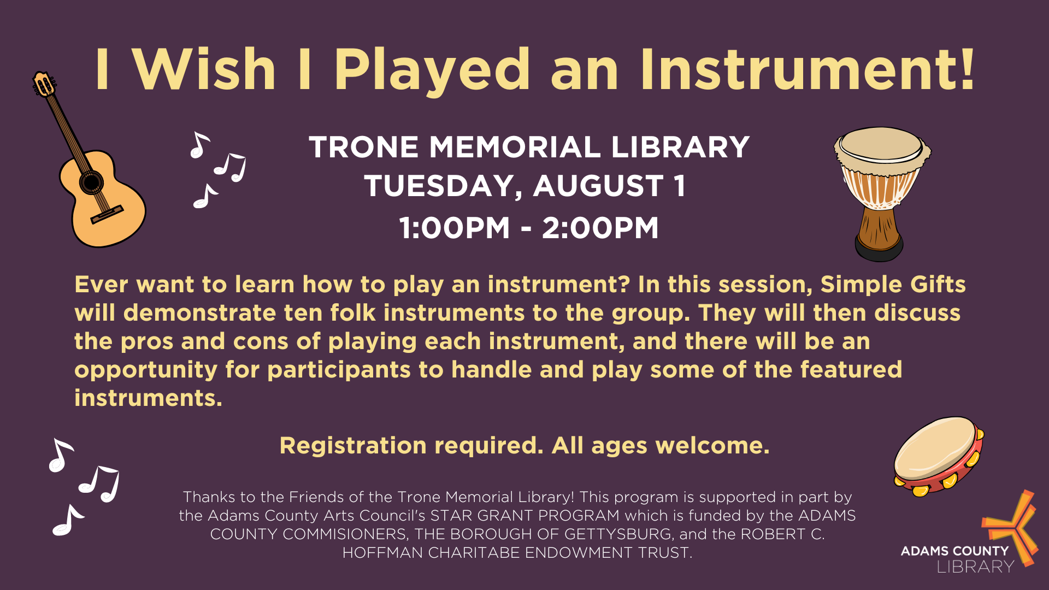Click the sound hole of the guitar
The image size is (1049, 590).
pyautogui.click(x=91, y=182)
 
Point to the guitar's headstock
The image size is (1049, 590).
pyautogui.click(x=44, y=84)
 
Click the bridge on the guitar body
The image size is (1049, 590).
pyautogui.click(x=107, y=214)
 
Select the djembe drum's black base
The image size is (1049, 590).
pyautogui.click(x=879, y=251)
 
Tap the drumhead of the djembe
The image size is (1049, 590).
pyautogui.click(x=881, y=143)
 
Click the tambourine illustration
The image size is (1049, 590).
pyautogui.click(x=939, y=456)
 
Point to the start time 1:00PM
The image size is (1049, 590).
pyautogui.click(x=455, y=228)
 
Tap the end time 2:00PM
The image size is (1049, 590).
pyautogui.click(x=600, y=228)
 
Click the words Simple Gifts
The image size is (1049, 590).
pyautogui.click(x=893, y=284)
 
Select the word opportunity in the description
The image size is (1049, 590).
pyautogui.click(x=146, y=370)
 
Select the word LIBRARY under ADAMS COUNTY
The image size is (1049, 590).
pyautogui.click(x=975, y=567)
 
